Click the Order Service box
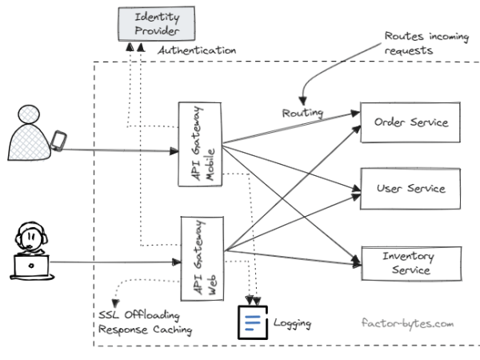coord(410,122)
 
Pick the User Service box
coord(410,189)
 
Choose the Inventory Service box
coord(410,263)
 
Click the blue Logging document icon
coord(254,324)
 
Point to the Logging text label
coord(292,324)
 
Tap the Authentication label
coord(197,50)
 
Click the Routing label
coord(302,113)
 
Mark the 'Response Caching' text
coord(145,330)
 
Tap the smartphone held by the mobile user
coord(57,141)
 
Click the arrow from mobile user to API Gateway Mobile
coord(120,150)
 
